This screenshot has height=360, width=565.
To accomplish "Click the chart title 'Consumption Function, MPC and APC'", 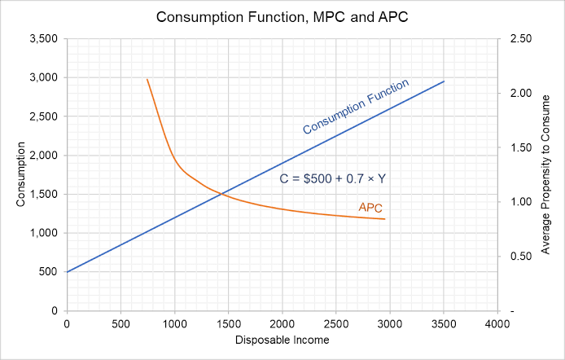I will (x=282, y=16).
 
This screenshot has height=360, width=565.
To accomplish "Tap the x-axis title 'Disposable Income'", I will (x=282, y=339).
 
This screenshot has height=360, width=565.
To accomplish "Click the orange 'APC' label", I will (x=370, y=208).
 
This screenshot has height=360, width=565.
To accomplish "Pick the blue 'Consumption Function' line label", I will (x=355, y=107).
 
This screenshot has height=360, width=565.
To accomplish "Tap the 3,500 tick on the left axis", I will (x=42, y=39).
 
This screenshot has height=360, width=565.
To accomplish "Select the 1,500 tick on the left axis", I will (x=42, y=194).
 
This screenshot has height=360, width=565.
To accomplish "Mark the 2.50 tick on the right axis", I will (x=521, y=39).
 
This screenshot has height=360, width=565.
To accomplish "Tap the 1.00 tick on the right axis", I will (x=521, y=202).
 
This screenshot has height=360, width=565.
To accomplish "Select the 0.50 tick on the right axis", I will (x=521, y=257).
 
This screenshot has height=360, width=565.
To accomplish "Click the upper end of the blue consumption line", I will (x=444, y=81).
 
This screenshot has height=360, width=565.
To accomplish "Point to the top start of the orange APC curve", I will (x=147, y=79).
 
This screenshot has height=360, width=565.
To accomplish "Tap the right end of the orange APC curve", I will (x=384, y=219).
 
